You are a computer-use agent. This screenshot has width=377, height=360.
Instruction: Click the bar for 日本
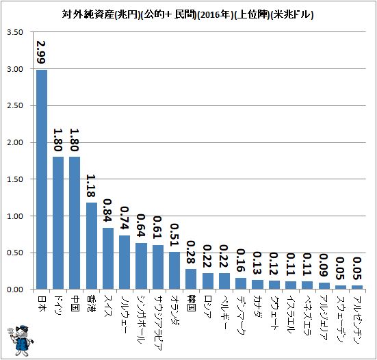(42, 179)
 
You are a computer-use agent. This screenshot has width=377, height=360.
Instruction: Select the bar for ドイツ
(58, 223)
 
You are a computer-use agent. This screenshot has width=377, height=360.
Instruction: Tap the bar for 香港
(92, 246)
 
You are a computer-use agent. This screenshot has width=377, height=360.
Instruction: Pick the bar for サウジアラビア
(158, 267)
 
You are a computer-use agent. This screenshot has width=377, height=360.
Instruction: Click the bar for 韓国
(191, 279)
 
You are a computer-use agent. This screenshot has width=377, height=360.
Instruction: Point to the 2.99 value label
(41, 52)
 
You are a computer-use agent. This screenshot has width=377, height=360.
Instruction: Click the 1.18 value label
(91, 186)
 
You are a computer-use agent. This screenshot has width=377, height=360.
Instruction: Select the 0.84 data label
(107, 210)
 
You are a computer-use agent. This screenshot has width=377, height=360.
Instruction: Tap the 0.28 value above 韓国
(191, 252)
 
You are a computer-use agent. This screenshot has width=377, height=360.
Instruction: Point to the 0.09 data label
(324, 266)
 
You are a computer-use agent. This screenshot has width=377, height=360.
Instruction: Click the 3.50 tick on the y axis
(15, 32)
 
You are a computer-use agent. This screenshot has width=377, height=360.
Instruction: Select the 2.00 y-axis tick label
(15, 142)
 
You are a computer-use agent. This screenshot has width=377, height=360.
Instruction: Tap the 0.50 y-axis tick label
(15, 253)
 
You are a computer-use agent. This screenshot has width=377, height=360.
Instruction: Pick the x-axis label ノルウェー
(125, 315)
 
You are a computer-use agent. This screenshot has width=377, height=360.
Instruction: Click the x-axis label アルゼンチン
(357, 320)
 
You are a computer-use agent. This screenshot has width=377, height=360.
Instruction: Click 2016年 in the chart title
(215, 15)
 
